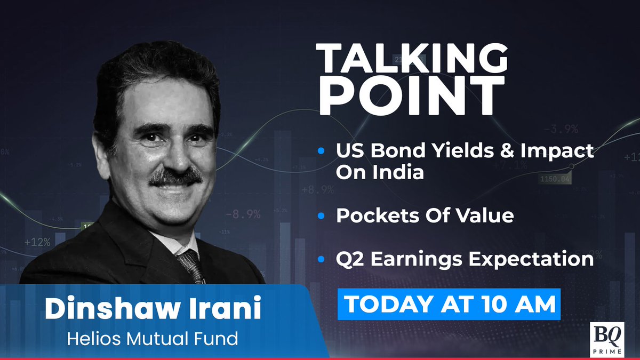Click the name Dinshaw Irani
pos(153,310)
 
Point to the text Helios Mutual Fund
pos(153,339)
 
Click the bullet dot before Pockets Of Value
pos(321,216)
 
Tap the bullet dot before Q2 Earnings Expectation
pos(321,259)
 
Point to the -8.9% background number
pos(243,214)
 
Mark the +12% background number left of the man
pos(37,242)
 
